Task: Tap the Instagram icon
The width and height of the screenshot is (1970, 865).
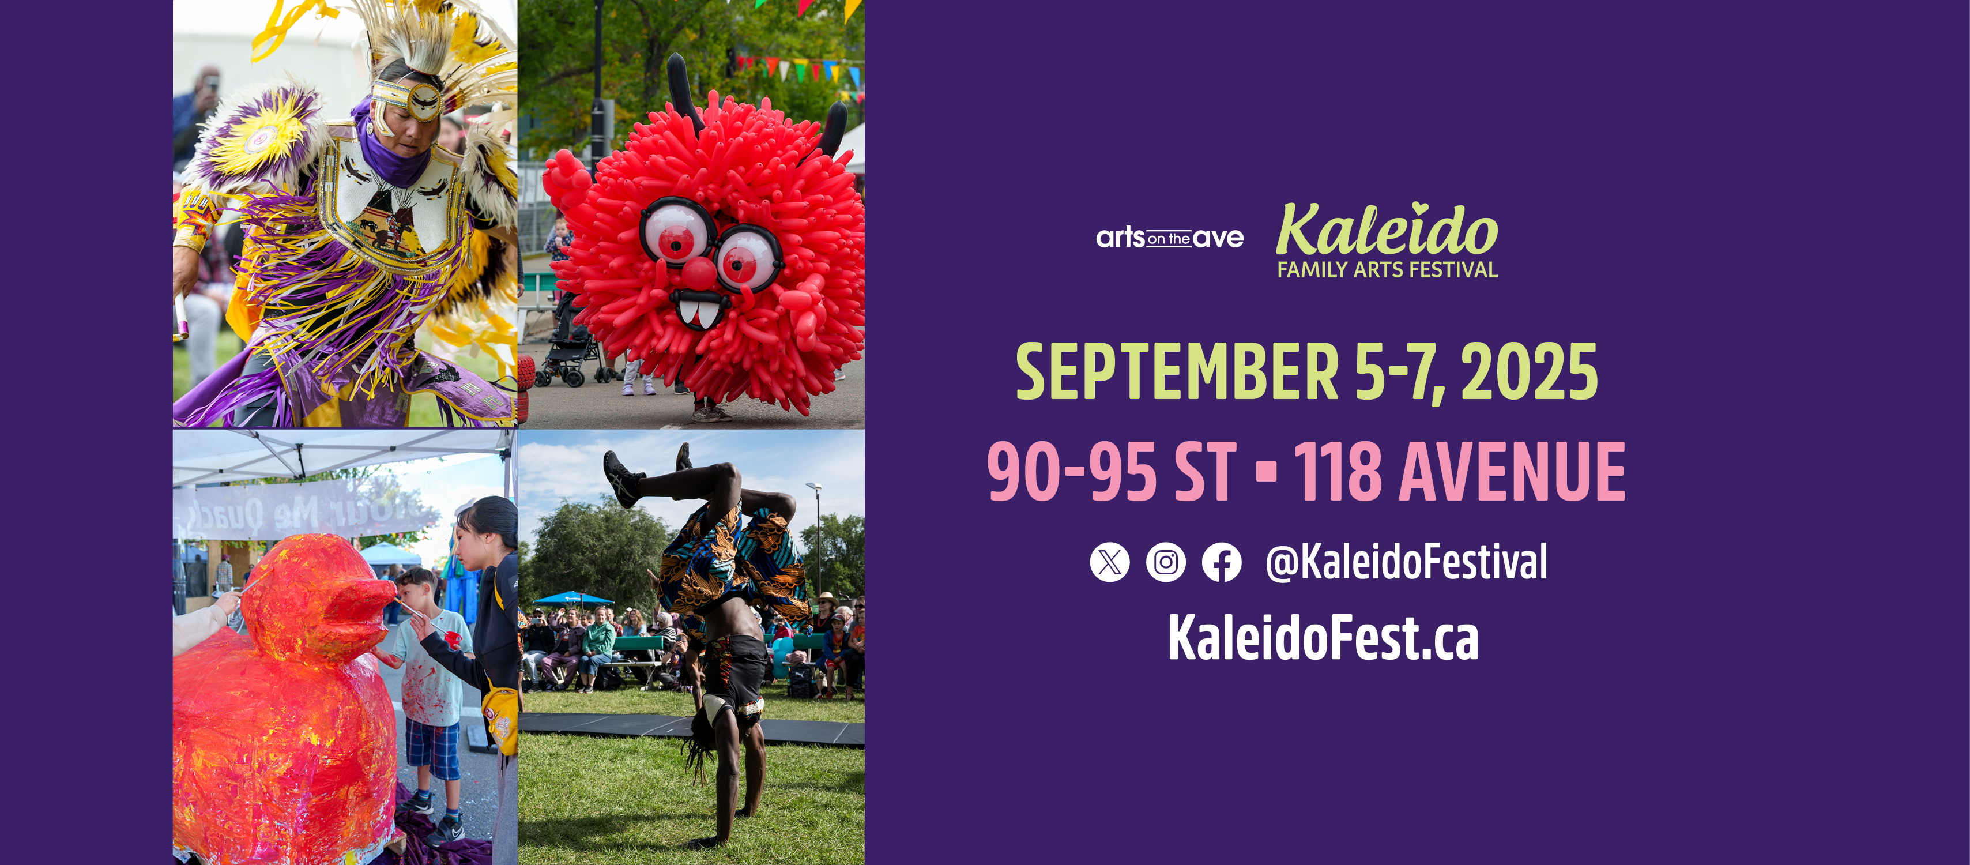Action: (1166, 562)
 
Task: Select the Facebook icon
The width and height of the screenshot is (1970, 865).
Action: (1221, 562)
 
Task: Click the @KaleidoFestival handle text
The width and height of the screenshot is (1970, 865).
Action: (1406, 562)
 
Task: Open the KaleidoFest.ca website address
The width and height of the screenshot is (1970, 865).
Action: (1323, 638)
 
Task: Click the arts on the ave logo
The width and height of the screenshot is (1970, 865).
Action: (1169, 238)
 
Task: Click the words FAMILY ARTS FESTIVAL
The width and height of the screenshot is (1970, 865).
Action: (1387, 270)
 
